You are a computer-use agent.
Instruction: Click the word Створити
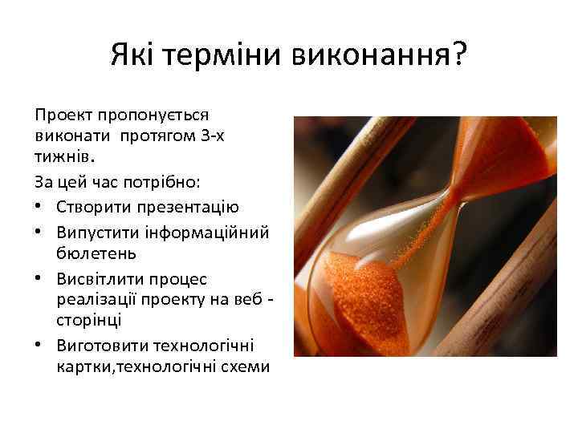(x=90, y=207)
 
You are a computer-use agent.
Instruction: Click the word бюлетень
(x=96, y=253)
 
